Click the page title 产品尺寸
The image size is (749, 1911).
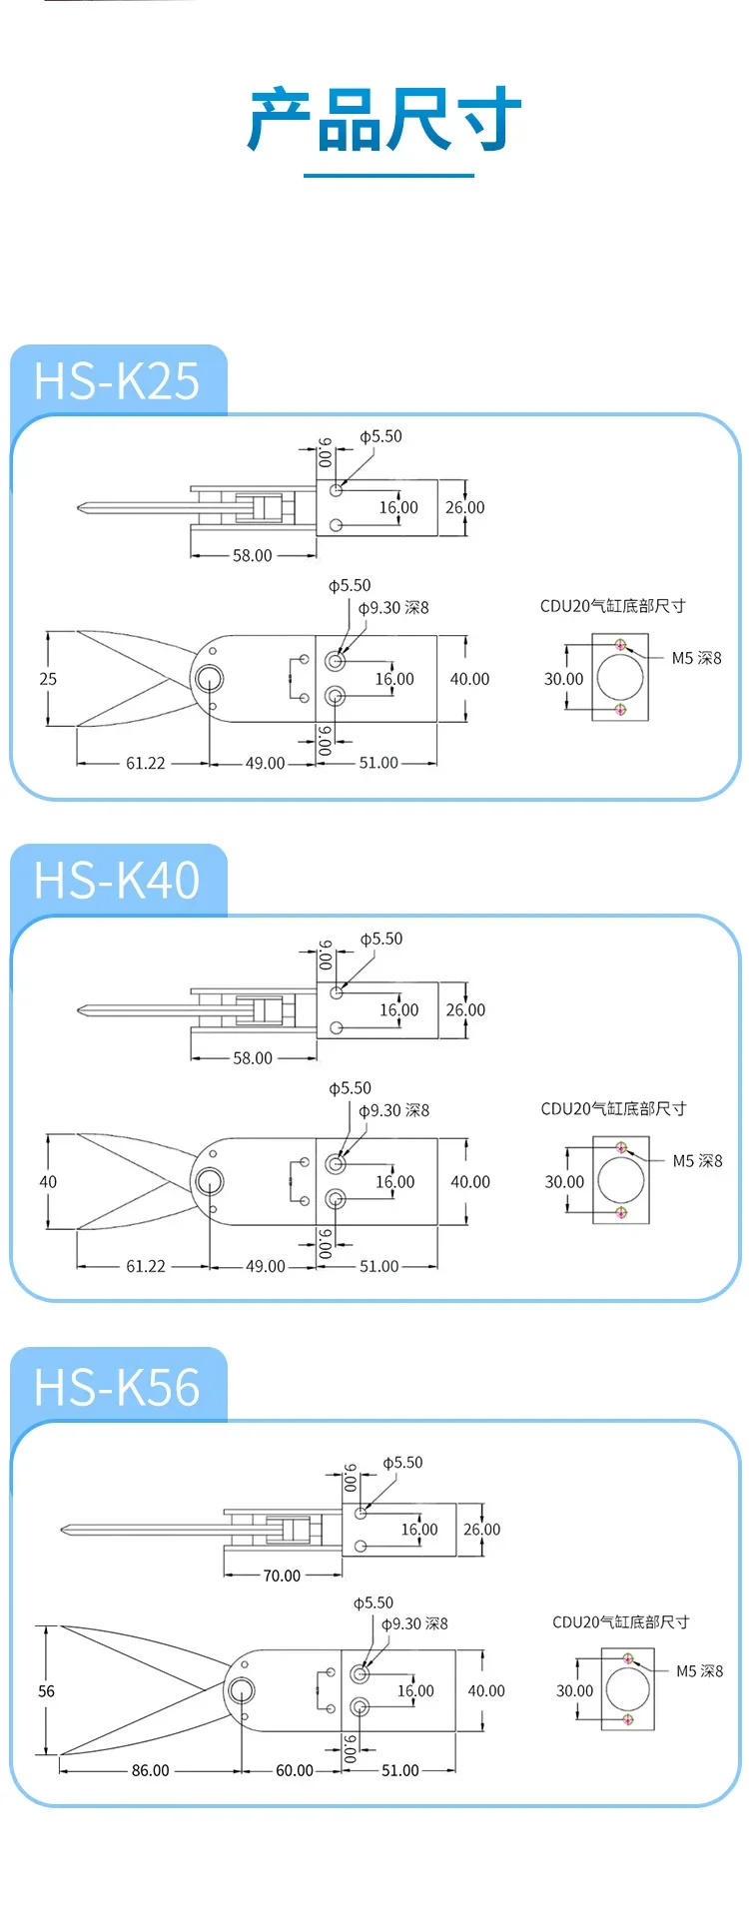coord(385,120)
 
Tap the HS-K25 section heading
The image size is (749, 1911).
coord(117,380)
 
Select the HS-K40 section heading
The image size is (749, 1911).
coord(117,881)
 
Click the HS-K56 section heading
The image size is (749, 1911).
coord(117,1387)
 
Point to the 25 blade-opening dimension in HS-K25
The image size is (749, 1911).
coord(48,679)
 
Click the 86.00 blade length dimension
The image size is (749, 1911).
coord(150,1770)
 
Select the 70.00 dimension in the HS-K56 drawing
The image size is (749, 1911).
coord(282,1576)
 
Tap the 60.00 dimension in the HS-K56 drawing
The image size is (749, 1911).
coord(295,1770)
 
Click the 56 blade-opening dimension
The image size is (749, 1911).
coord(46,1691)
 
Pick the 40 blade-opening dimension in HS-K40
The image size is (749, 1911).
coord(48,1182)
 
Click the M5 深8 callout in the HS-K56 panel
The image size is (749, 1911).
coord(700,1671)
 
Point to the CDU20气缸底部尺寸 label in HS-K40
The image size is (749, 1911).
coord(613,1108)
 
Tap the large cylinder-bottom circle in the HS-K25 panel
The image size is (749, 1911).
coord(620,677)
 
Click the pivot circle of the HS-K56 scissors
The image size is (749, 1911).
coord(241,1691)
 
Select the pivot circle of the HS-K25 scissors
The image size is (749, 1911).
coord(210,679)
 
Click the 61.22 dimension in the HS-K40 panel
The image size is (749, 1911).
coord(146,1266)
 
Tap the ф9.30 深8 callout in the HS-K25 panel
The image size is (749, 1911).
coord(393,607)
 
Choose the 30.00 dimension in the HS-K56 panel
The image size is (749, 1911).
coord(574,1691)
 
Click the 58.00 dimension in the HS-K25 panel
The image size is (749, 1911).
coord(252,555)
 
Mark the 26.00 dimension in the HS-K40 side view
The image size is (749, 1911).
coord(465,1010)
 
